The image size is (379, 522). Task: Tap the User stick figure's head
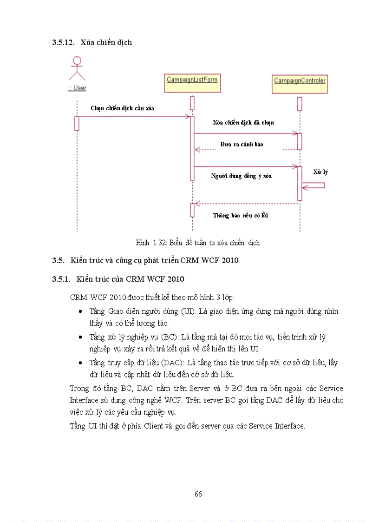[77, 60]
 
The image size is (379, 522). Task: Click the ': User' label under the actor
[77, 88]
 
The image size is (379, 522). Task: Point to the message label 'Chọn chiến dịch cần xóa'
[123, 108]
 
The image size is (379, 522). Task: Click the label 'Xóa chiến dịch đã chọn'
[243, 123]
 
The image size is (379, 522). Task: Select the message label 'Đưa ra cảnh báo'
[242, 144]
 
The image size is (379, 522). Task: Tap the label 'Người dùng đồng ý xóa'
[242, 176]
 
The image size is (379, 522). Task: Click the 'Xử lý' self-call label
[320, 172]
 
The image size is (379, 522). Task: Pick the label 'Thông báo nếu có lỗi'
[241, 215]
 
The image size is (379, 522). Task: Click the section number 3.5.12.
[63, 42]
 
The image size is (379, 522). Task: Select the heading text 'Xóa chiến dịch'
[106, 42]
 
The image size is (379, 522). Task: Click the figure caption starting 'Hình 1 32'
[198, 243]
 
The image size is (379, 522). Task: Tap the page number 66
[198, 494]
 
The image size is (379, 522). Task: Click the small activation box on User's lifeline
[77, 123]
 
